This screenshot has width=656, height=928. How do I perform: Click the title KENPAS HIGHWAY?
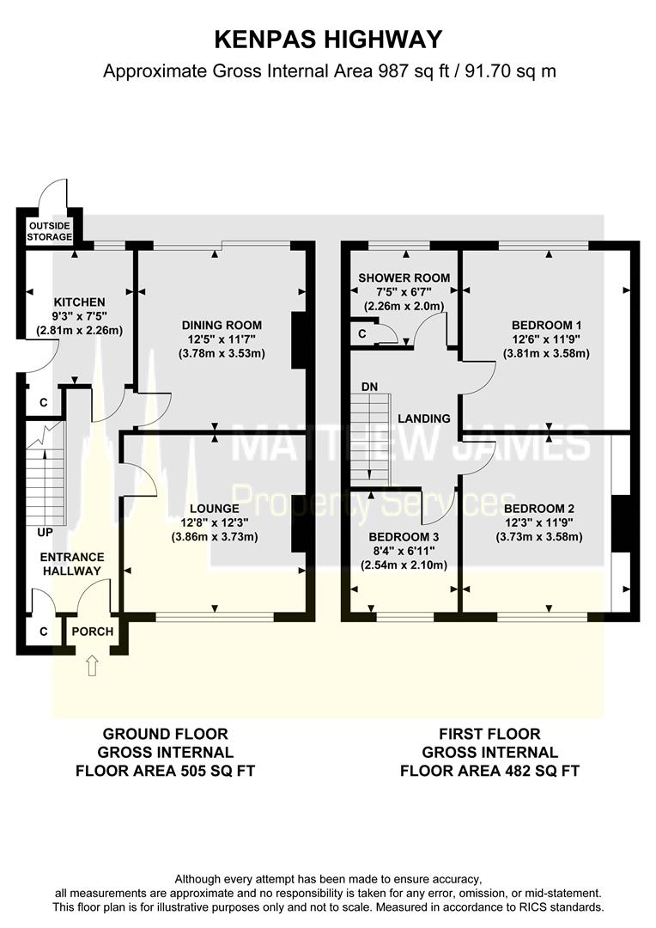[x=328, y=40]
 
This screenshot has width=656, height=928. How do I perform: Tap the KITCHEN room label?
[x=79, y=302]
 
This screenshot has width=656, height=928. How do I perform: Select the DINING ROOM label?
[x=222, y=325]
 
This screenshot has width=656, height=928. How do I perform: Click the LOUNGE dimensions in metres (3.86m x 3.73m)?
[x=215, y=537]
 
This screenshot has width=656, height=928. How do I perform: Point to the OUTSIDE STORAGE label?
[x=51, y=231]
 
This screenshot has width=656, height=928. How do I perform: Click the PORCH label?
[x=92, y=632]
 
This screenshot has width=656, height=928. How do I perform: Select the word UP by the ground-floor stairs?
[x=45, y=533]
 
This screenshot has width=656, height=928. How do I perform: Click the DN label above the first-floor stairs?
[x=370, y=387]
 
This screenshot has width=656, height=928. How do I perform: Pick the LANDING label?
[x=424, y=418]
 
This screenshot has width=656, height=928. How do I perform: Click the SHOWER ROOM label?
[x=404, y=278]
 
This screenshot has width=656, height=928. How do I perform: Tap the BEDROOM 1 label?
[x=547, y=325]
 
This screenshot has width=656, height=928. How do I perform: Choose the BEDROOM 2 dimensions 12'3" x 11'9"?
[x=539, y=523]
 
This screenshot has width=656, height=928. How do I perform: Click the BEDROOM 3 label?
[x=404, y=537]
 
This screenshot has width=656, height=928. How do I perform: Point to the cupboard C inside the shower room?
[x=362, y=334]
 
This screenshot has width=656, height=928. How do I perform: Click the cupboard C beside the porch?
[x=43, y=632]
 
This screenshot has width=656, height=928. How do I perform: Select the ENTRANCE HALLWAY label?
[x=72, y=564]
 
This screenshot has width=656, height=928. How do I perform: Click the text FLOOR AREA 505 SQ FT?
[x=165, y=771]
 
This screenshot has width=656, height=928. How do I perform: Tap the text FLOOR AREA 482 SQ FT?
[x=489, y=771]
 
